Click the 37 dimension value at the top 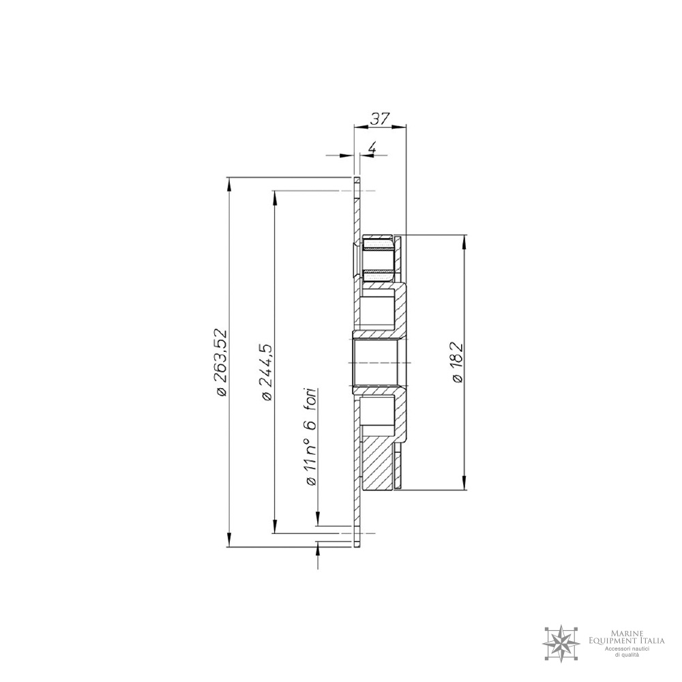(379, 119)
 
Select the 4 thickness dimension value (372, 148)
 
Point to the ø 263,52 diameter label (222, 362)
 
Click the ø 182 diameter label (458, 362)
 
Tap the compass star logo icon (561, 642)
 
